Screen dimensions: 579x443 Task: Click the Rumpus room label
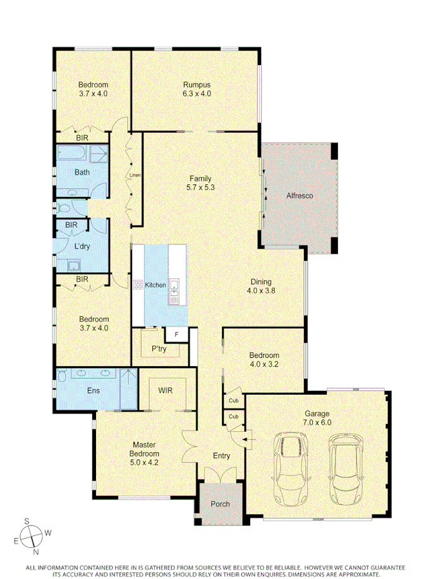(x=196, y=85)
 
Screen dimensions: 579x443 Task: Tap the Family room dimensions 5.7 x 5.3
(x=200, y=188)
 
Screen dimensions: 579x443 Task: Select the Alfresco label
(x=300, y=196)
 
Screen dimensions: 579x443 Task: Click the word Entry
(x=221, y=455)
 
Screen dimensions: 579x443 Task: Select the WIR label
(x=166, y=390)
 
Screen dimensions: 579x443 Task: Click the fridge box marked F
(x=176, y=334)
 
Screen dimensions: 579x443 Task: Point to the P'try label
(x=158, y=349)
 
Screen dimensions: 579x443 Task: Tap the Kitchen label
(x=155, y=285)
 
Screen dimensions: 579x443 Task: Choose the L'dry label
(x=82, y=247)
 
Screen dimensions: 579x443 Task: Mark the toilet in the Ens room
(x=62, y=377)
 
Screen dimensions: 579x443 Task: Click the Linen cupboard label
(x=134, y=175)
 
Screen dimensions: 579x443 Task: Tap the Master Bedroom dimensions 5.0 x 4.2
(x=145, y=462)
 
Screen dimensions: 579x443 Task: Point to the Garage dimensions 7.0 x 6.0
(x=317, y=423)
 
